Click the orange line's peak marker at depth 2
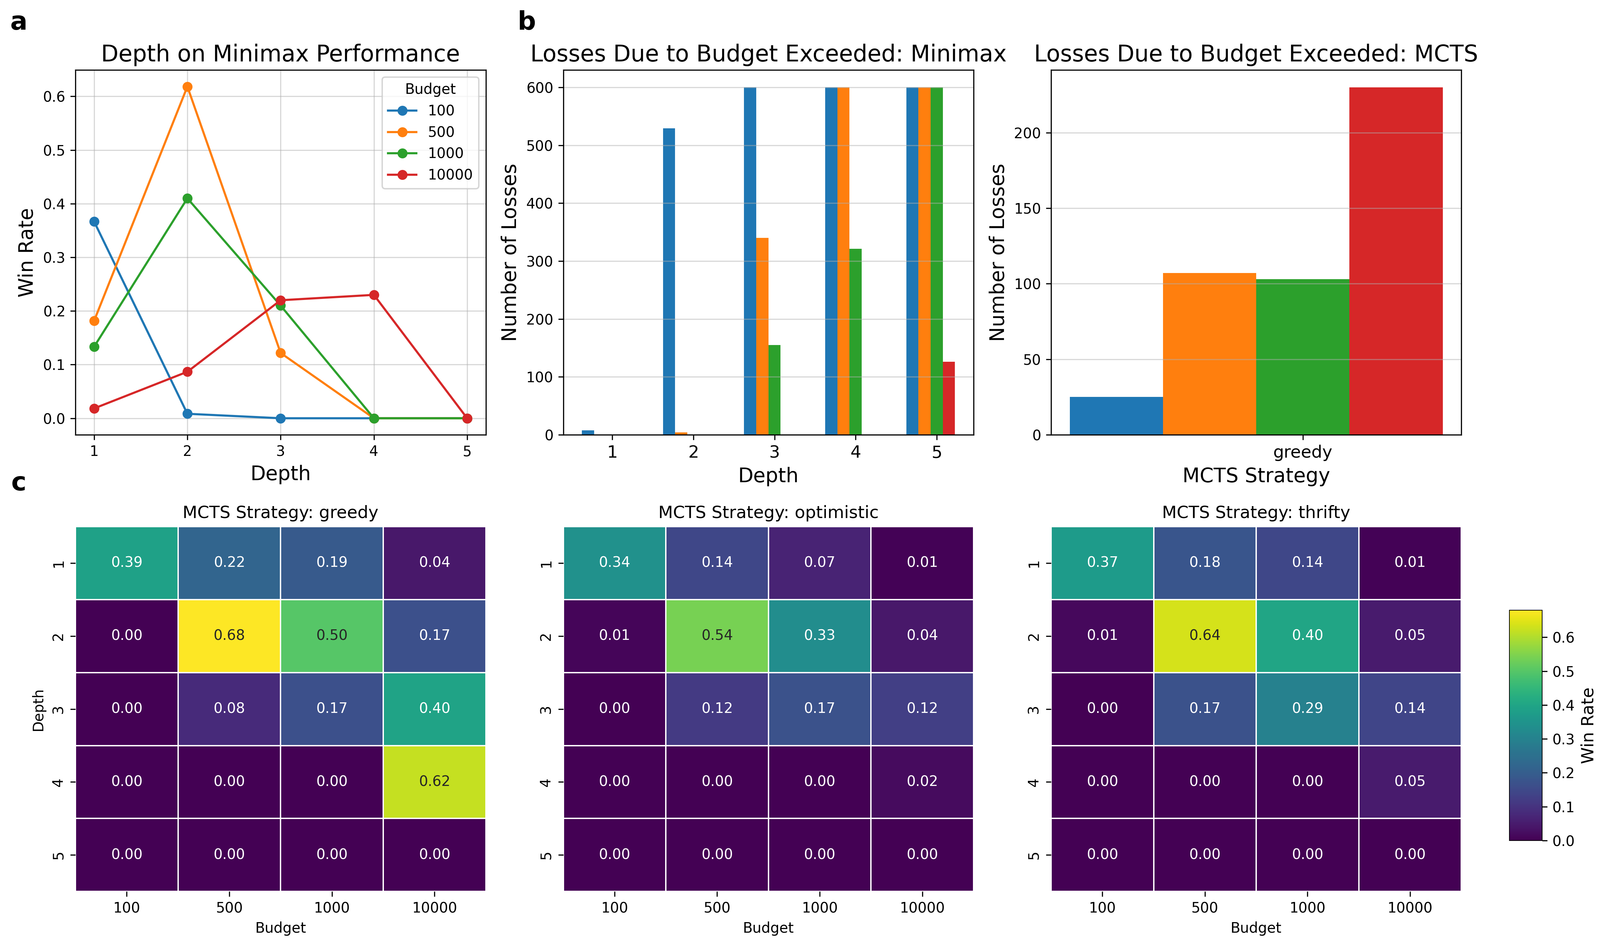point(187,87)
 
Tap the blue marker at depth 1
point(95,221)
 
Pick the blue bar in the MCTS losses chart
point(1116,416)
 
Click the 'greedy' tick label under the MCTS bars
point(1302,452)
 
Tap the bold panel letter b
point(527,22)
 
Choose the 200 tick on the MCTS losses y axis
point(1027,133)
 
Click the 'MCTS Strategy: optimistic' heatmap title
point(768,512)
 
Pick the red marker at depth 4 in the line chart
point(374,295)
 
